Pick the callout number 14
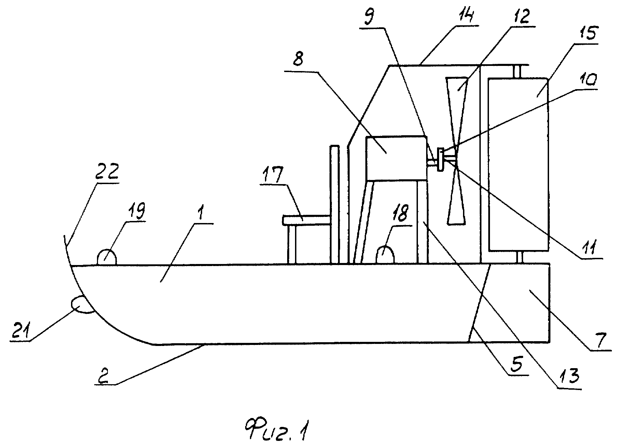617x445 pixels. (x=467, y=15)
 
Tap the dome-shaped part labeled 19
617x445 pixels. (x=107, y=257)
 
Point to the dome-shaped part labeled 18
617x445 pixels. (x=385, y=255)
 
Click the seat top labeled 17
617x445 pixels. (x=306, y=220)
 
